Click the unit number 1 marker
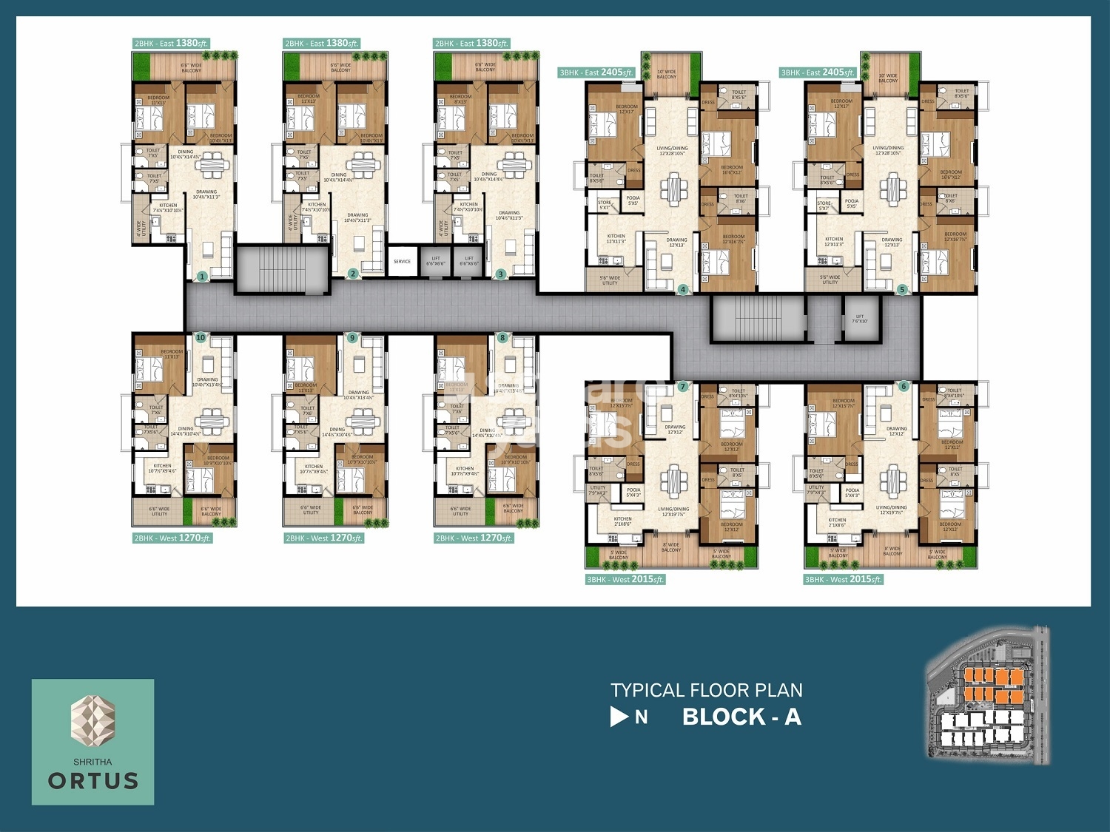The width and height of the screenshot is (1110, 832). tap(201, 277)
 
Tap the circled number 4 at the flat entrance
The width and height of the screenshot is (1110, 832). tap(683, 289)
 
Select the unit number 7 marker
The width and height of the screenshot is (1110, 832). tap(683, 387)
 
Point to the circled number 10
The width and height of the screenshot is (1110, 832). tap(201, 337)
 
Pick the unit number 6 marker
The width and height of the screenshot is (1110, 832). tap(904, 386)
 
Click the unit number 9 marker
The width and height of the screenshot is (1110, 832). tap(352, 338)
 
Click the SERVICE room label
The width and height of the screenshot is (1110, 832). tap(402, 262)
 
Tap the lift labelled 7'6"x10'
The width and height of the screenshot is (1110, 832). tap(860, 319)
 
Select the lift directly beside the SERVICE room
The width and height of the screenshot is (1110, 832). tap(435, 262)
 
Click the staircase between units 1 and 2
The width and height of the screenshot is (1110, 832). tap(281, 270)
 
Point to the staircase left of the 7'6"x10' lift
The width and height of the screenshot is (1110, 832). tap(758, 319)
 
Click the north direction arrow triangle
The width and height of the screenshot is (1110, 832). tap(619, 717)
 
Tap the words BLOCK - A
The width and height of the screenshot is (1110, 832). tap(741, 717)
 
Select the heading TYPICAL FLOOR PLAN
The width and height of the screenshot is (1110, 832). tap(706, 690)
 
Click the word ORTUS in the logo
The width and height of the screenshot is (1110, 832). tap(93, 781)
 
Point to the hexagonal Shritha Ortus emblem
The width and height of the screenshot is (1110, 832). tap(92, 720)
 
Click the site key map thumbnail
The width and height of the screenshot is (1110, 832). tap(987, 694)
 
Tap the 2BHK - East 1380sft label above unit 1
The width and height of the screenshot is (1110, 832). tap(171, 44)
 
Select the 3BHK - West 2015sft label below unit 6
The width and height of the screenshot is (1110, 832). tap(844, 579)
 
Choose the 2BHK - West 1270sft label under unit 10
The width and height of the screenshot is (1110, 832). tap(172, 538)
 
